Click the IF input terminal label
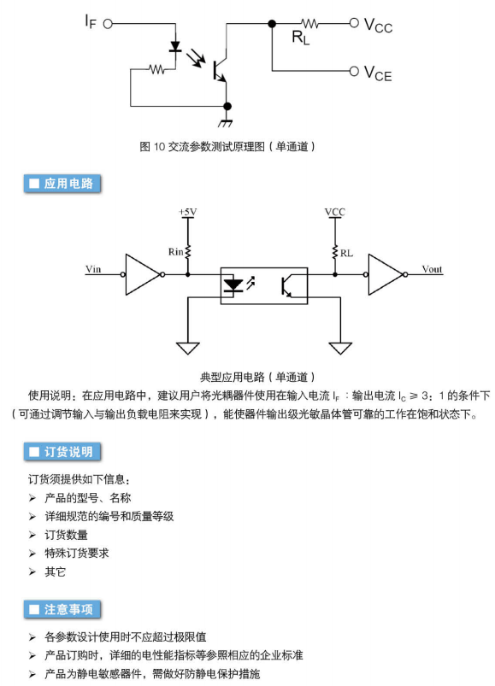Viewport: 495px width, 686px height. pyautogui.click(x=91, y=21)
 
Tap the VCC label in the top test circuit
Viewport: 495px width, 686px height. pyautogui.click(x=378, y=26)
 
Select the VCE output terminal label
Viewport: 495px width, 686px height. pyautogui.click(x=378, y=73)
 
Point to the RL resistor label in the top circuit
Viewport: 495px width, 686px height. pyautogui.click(x=301, y=38)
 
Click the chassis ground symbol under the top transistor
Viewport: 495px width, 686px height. pyautogui.click(x=226, y=122)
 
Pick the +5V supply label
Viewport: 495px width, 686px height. pyautogui.click(x=188, y=212)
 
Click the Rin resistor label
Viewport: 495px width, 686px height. pyautogui.click(x=176, y=251)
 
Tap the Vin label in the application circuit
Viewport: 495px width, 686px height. pyautogui.click(x=93, y=268)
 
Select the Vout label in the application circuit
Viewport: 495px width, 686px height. pyautogui.click(x=432, y=269)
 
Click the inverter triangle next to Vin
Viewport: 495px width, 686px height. pyautogui.click(x=143, y=274)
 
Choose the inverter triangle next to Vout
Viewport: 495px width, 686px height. pyautogui.click(x=386, y=274)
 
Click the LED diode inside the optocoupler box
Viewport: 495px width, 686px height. pyautogui.click(x=233, y=284)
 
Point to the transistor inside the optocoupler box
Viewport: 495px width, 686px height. pyautogui.click(x=287, y=285)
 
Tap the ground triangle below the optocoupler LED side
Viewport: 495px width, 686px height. pyautogui.click(x=188, y=349)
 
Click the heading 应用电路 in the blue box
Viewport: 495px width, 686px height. pyautogui.click(x=62, y=184)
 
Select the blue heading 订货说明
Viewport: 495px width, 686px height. pyautogui.click(x=62, y=452)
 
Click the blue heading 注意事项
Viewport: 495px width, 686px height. pyautogui.click(x=62, y=609)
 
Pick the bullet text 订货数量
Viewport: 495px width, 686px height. pyautogui.click(x=66, y=535)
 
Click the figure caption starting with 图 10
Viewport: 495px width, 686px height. pyautogui.click(x=227, y=147)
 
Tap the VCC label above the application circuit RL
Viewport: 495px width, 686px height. pyautogui.click(x=335, y=212)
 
